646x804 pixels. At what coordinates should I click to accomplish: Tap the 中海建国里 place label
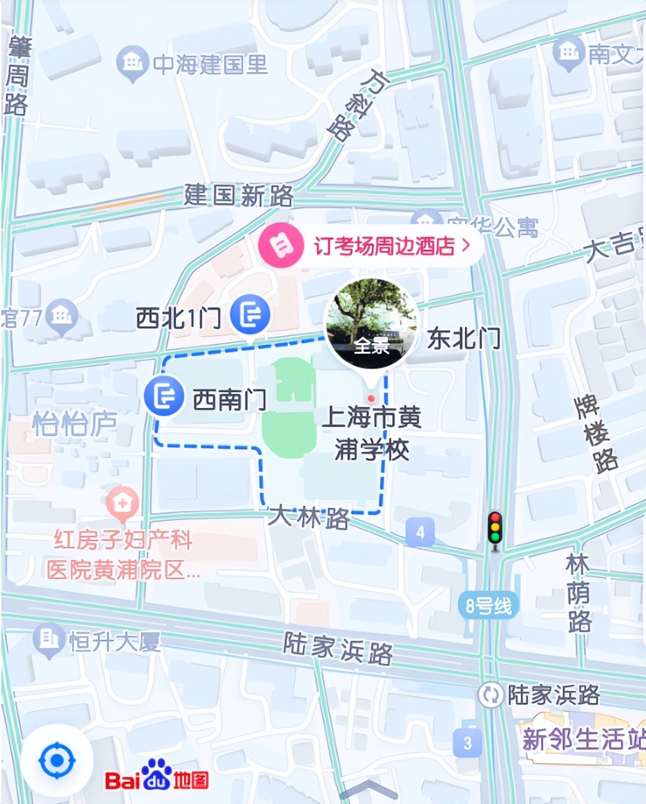coord(210,64)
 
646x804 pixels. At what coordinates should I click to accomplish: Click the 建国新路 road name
coord(238,195)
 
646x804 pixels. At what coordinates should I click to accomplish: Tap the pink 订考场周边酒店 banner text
coord(384,246)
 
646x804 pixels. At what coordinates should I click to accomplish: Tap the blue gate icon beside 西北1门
coord(250,314)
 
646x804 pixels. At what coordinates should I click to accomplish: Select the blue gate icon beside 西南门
coord(164,395)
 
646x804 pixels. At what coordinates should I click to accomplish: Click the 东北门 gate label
coord(464,339)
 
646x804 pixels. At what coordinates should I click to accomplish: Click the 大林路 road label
coord(308,517)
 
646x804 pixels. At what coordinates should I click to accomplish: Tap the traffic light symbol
coord(495,528)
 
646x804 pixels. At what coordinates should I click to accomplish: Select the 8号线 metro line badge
coord(488,606)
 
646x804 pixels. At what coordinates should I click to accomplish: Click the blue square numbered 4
coord(420,531)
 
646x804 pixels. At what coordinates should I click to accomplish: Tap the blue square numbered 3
coord(467,743)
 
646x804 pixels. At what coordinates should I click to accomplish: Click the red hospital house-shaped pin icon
coord(122,502)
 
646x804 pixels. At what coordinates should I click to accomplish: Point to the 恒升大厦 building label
coord(114,642)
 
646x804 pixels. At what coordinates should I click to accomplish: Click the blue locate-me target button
coord(57,760)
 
